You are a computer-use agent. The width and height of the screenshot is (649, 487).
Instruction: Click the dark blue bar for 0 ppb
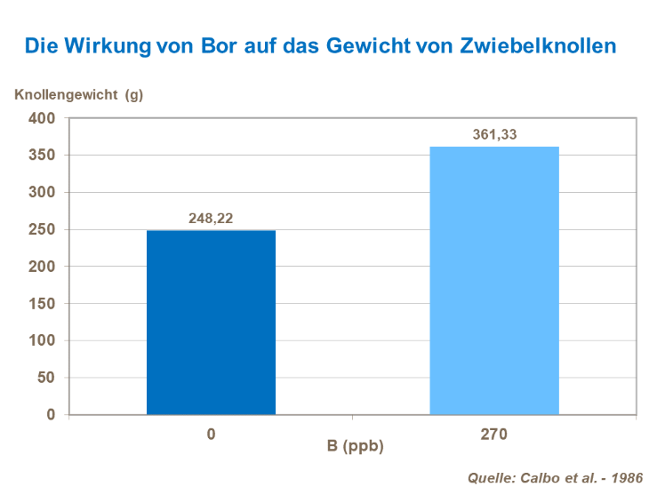coord(211,322)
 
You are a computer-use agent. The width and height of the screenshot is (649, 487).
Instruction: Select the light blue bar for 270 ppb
coord(494,280)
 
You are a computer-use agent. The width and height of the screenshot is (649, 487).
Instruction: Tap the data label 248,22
coord(211,218)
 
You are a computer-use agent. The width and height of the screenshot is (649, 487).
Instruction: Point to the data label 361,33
coord(494,134)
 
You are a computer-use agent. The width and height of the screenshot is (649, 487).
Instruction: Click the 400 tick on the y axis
coord(43,118)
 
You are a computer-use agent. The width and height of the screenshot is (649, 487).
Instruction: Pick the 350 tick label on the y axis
coord(43,156)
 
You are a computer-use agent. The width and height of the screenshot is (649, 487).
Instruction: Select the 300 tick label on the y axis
coord(43,192)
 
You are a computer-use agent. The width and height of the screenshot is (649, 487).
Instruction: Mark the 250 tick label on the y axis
coord(43,229)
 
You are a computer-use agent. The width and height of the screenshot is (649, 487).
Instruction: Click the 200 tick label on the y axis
coord(43,267)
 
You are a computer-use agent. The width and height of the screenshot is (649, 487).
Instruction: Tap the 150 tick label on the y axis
coord(43,304)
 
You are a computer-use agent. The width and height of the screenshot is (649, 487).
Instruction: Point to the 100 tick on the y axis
coord(43,340)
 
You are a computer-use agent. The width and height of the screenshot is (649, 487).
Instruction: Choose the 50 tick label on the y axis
coord(46,378)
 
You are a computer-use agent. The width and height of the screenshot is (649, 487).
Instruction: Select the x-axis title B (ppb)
coord(353,446)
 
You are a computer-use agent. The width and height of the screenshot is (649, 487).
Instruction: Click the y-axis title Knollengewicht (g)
coord(78,93)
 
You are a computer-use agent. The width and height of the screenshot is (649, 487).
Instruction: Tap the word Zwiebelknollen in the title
coord(537,45)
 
